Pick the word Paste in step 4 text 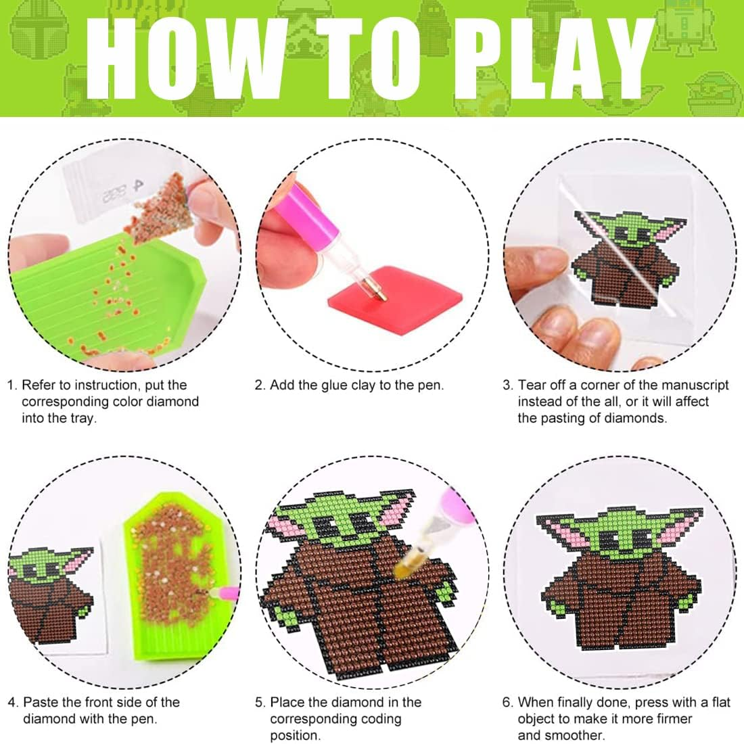click(41, 702)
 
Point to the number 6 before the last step click(507, 702)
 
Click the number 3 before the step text click(507, 386)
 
